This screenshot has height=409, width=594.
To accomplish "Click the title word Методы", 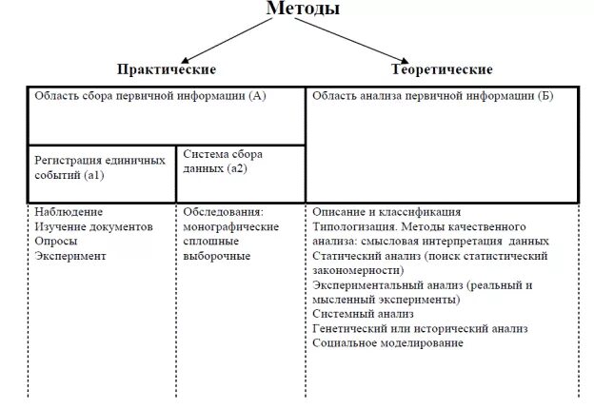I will (302, 9).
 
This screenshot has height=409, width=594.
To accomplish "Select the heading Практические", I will (167, 69).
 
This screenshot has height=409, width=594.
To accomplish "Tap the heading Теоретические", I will (442, 69).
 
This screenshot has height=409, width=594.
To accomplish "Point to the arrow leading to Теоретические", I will (381, 42).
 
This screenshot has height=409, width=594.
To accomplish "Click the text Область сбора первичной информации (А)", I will (150, 97).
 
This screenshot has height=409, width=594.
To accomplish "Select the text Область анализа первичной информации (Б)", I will (432, 97).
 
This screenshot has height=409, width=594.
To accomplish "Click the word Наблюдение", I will (68, 211).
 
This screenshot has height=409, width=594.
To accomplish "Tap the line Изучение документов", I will (93, 226).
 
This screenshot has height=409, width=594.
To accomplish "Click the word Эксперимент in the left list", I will (70, 256).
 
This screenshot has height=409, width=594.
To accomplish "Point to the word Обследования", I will (223, 211).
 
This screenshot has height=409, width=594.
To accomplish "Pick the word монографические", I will (231, 226).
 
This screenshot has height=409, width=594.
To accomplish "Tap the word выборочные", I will (216, 256).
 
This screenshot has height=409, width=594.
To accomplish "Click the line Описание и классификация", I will (386, 211).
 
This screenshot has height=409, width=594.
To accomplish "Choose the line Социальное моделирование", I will (387, 342).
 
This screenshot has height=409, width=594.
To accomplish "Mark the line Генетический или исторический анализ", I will (419, 328).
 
